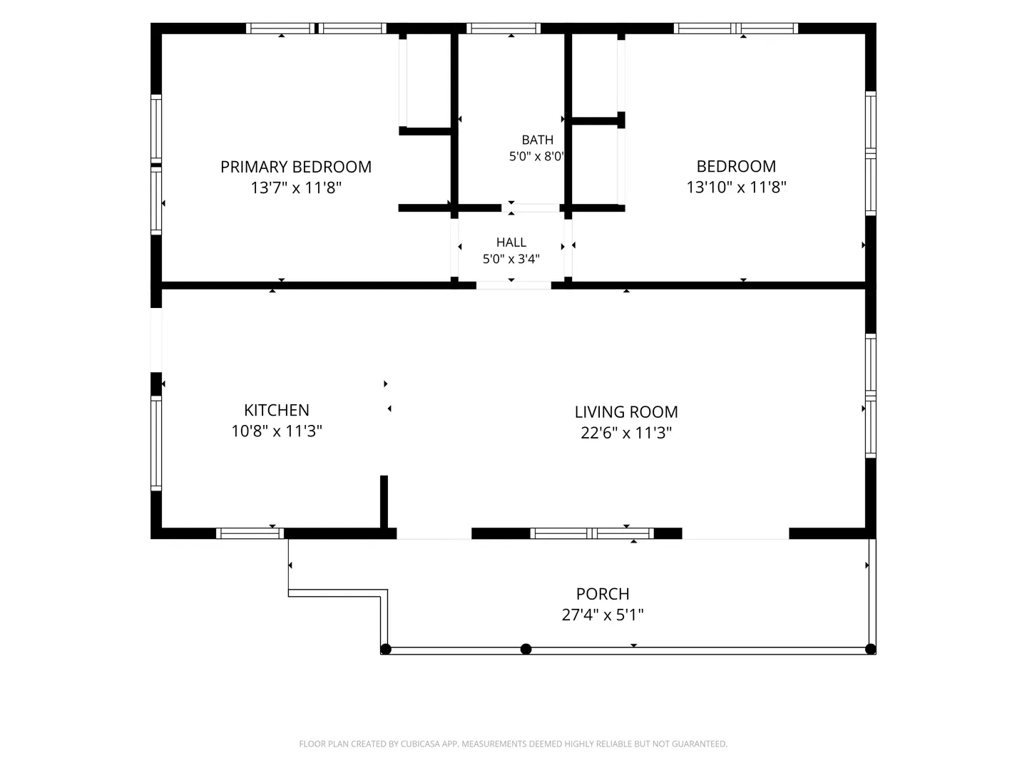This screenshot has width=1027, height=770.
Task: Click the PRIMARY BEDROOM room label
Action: pyautogui.click(x=296, y=167)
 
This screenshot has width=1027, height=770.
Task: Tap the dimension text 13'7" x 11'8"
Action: pyautogui.click(x=296, y=188)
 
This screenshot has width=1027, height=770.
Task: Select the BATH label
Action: pyautogui.click(x=537, y=140)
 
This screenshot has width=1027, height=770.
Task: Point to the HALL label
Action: pyautogui.click(x=511, y=242)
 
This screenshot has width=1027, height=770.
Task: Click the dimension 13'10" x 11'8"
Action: pyautogui.click(x=736, y=188)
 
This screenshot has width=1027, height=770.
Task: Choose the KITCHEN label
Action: pyautogui.click(x=277, y=410)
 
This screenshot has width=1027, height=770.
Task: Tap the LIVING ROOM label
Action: pyautogui.click(x=626, y=412)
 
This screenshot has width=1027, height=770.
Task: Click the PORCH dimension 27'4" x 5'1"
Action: pyautogui.click(x=603, y=615)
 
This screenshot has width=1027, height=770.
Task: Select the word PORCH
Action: pyautogui.click(x=603, y=594)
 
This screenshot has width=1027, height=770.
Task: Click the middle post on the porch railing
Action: pyautogui.click(x=526, y=649)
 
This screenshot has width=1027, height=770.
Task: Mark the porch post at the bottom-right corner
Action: pyautogui.click(x=870, y=649)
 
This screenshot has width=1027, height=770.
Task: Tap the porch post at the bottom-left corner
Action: pyautogui.click(x=386, y=649)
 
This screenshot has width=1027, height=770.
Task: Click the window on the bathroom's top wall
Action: pyautogui.click(x=504, y=29)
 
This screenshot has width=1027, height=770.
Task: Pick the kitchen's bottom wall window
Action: pyautogui.click(x=250, y=533)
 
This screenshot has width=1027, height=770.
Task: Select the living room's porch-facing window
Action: pyautogui.click(x=592, y=533)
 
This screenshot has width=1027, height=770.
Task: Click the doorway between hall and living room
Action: pyautogui.click(x=513, y=285)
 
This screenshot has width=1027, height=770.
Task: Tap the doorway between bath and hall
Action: pyautogui.click(x=531, y=207)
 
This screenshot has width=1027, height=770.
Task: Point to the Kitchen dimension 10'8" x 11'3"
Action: pyautogui.click(x=277, y=431)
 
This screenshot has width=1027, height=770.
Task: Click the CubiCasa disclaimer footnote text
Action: pyautogui.click(x=513, y=744)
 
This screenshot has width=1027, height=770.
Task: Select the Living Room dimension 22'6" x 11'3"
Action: pyautogui.click(x=626, y=433)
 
